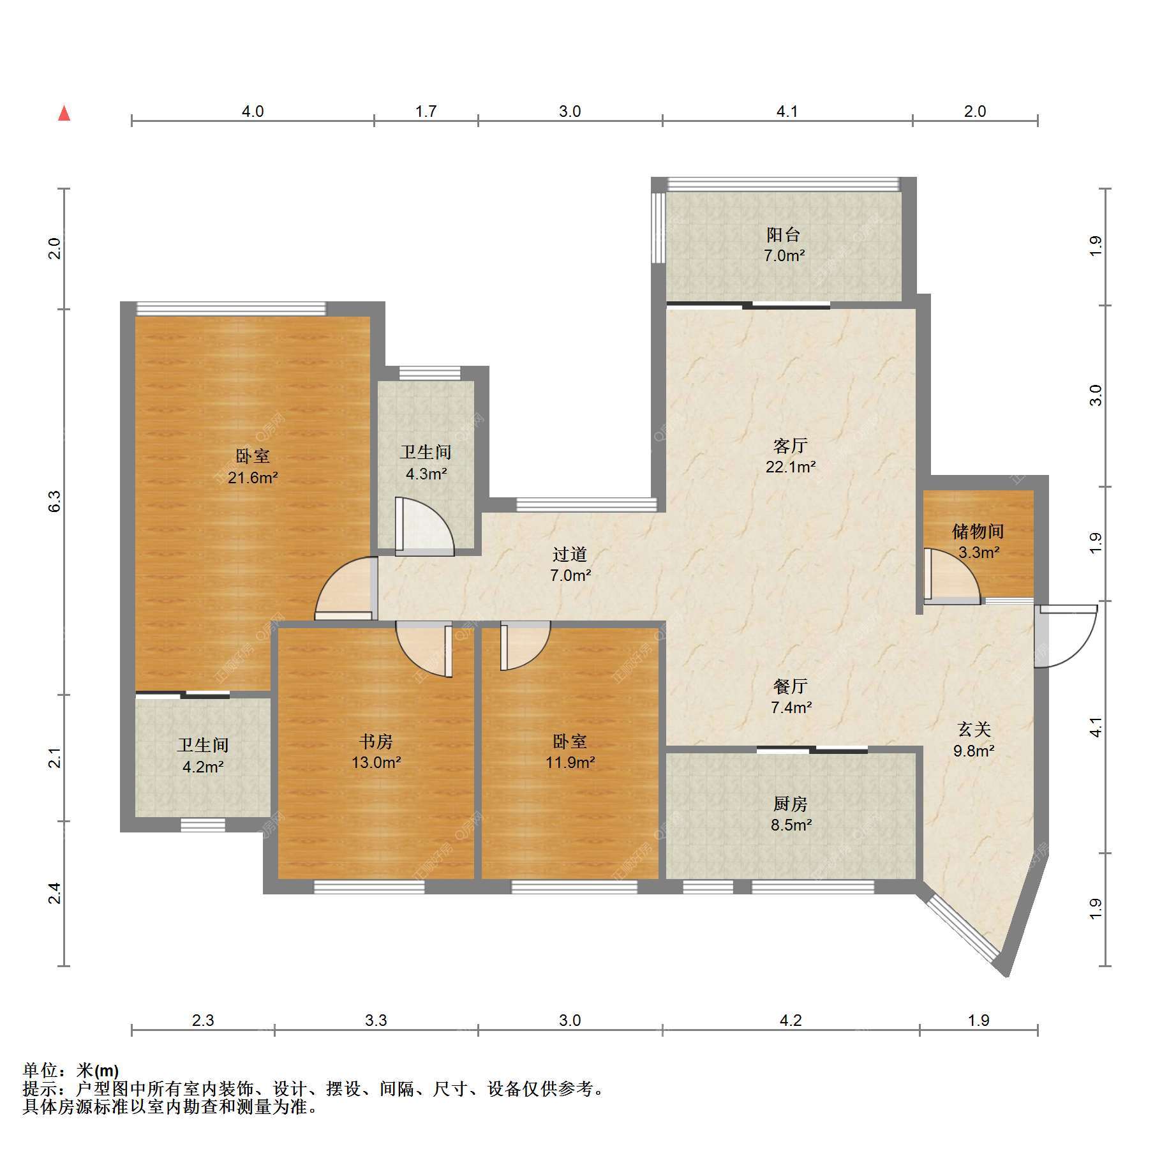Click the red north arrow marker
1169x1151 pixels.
click(x=64, y=114)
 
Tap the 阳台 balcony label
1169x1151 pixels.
click(x=784, y=234)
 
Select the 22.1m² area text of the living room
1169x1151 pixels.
click(x=791, y=467)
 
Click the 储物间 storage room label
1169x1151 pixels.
click(x=978, y=530)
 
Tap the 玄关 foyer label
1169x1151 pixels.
click(x=974, y=729)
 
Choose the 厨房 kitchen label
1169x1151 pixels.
click(x=791, y=803)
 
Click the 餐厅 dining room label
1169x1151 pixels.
click(x=791, y=686)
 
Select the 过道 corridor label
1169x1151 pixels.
click(x=570, y=553)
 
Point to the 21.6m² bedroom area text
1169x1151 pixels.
click(x=253, y=478)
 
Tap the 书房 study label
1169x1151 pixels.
click(x=376, y=741)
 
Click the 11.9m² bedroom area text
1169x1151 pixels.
click(x=570, y=762)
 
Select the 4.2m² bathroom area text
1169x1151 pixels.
click(x=203, y=767)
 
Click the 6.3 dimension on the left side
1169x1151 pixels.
click(x=55, y=501)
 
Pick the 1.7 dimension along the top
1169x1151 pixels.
click(x=426, y=111)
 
